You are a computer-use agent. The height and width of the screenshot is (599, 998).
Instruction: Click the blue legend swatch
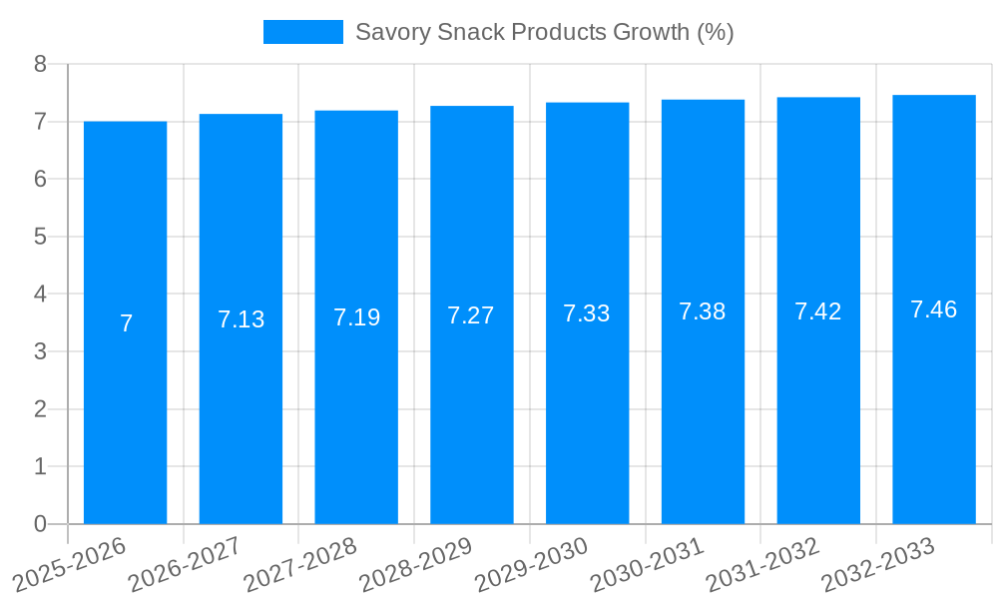(302, 32)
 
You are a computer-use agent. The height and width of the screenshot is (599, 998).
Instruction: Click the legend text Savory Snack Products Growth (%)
(544, 32)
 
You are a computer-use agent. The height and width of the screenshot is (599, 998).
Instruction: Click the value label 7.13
(242, 319)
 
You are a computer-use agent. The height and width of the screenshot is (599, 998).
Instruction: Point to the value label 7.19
(356, 317)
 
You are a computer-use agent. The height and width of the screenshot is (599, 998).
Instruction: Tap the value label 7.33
(587, 313)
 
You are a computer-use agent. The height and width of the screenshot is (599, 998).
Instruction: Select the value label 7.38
(703, 311)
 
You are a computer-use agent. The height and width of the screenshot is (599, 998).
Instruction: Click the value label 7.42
(818, 311)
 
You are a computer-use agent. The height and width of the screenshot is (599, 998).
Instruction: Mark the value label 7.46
(934, 309)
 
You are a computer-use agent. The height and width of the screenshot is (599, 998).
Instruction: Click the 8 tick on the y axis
(40, 64)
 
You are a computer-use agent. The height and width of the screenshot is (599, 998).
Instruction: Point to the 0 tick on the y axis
(40, 524)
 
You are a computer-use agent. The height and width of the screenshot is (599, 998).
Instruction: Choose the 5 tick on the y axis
(40, 237)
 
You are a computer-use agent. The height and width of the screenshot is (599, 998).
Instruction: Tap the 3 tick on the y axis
(40, 351)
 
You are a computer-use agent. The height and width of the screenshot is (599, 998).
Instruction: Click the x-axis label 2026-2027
(185, 562)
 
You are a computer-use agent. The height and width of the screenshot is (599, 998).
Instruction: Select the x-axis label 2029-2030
(532, 562)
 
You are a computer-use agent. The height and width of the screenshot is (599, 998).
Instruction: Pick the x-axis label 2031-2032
(763, 562)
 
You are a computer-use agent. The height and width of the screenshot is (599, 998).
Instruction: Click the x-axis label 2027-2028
(300, 562)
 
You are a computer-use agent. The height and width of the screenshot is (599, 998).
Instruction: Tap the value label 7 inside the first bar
(126, 323)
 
